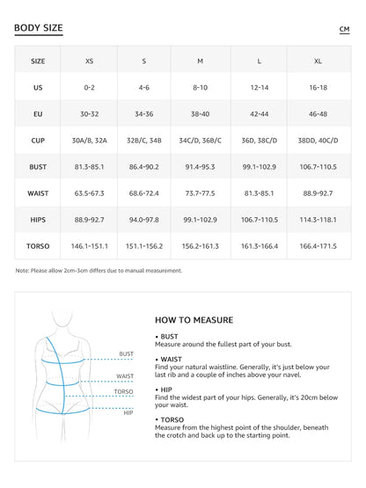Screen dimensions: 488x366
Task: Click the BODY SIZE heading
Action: (39, 28)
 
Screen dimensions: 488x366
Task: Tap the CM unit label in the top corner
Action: (344, 30)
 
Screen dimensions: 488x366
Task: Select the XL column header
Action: (318, 62)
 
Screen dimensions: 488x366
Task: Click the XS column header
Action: (89, 62)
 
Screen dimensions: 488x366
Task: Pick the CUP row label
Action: (38, 140)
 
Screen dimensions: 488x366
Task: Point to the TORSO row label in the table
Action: (38, 246)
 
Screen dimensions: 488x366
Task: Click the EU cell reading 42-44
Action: (259, 114)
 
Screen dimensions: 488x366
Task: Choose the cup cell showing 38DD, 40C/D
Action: (318, 140)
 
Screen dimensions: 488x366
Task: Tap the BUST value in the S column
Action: (144, 166)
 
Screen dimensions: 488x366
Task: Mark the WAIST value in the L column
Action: (259, 193)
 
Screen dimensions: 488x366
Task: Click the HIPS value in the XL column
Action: (318, 220)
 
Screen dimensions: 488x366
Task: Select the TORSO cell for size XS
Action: (89, 246)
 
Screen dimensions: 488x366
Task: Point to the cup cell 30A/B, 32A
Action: (89, 140)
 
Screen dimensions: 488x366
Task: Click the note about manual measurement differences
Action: (99, 270)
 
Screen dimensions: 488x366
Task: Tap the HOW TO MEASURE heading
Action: (194, 320)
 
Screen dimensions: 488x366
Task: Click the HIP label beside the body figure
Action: (128, 412)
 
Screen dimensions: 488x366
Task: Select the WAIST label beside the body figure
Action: (125, 375)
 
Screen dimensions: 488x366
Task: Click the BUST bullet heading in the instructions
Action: (169, 337)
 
